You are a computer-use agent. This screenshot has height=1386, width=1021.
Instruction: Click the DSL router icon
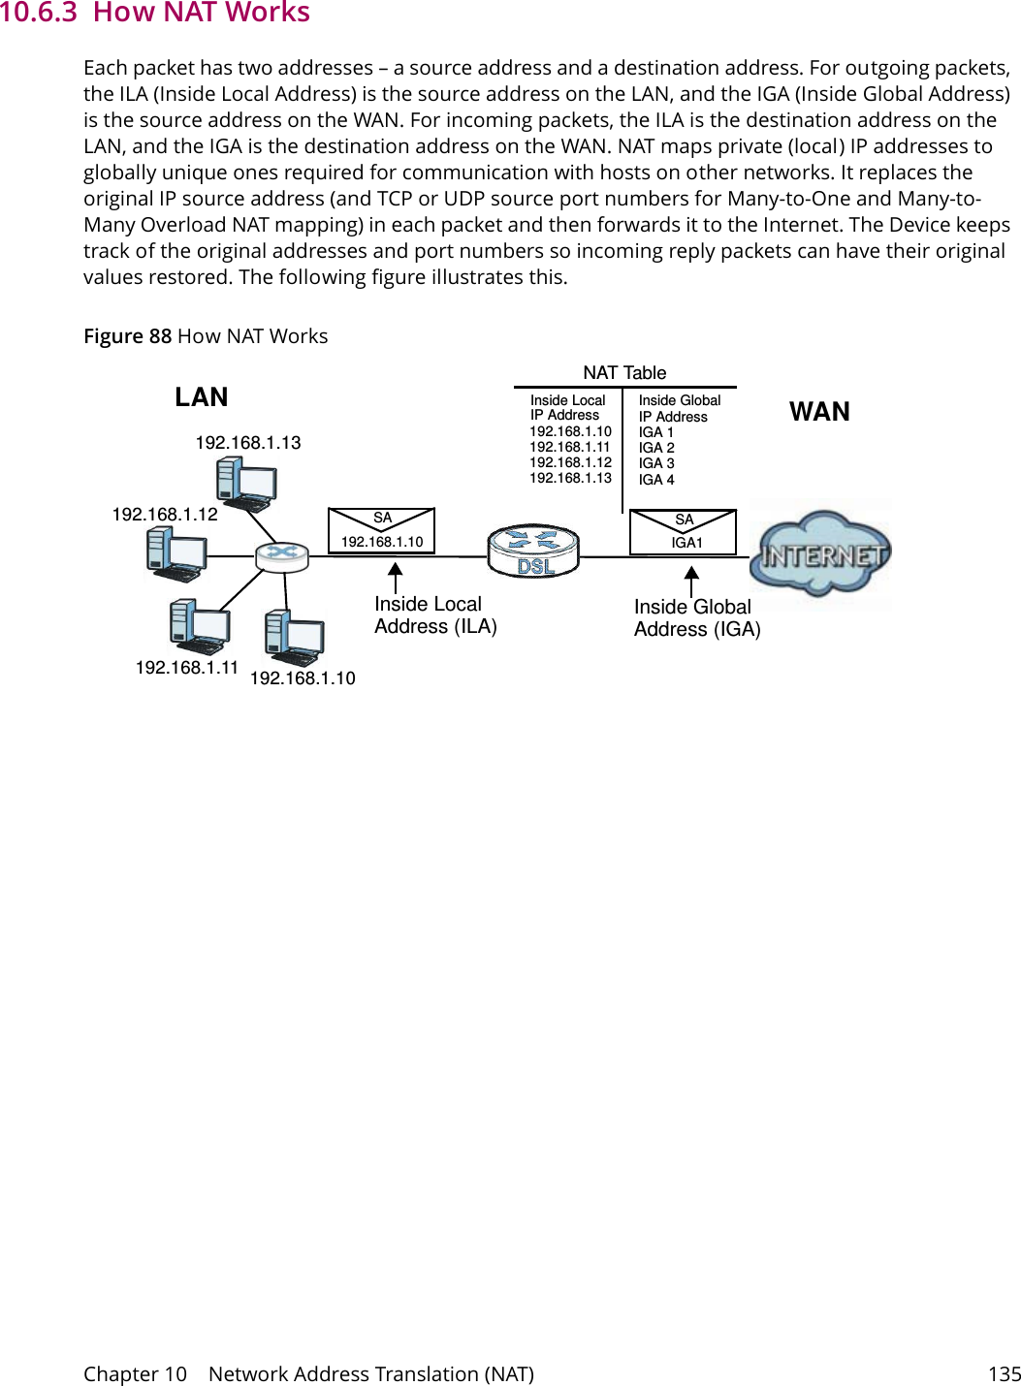click(532, 551)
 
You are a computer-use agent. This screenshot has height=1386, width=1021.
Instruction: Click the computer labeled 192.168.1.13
click(246, 484)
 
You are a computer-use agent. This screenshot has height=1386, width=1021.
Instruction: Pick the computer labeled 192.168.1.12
click(175, 555)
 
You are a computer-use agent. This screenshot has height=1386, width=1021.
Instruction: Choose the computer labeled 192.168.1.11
click(199, 627)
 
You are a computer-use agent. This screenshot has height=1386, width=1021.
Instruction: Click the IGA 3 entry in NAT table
click(656, 463)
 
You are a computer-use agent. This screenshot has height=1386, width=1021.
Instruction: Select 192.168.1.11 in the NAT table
click(570, 447)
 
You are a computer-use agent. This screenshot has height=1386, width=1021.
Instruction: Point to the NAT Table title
click(624, 373)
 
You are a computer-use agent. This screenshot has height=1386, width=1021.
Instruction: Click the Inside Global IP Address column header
click(679, 408)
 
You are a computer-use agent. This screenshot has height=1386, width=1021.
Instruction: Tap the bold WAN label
click(819, 412)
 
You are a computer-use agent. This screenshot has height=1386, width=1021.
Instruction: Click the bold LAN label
click(202, 397)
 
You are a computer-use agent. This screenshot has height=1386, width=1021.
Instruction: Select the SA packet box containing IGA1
click(684, 532)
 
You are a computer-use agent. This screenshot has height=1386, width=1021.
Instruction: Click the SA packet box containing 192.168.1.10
click(381, 531)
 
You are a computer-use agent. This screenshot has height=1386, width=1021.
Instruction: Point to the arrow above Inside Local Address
click(395, 578)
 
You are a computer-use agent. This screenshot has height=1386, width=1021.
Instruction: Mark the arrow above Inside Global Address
click(691, 582)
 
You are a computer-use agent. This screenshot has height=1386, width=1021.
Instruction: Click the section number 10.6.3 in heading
click(38, 13)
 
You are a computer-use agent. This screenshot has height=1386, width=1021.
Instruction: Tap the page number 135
click(1004, 1373)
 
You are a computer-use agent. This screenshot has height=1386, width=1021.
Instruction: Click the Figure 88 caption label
click(127, 336)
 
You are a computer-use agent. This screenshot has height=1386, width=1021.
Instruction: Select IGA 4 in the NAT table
click(656, 480)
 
